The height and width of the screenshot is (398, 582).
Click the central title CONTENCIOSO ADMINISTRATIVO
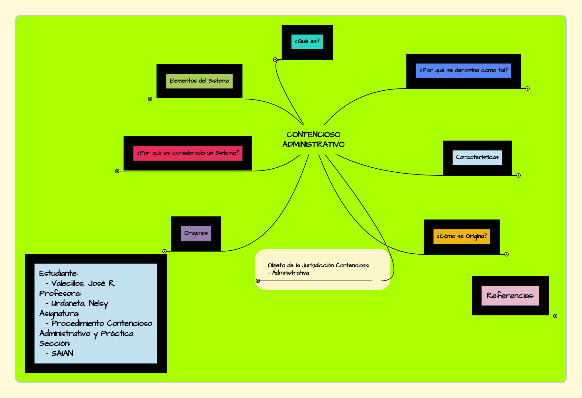click(313, 139)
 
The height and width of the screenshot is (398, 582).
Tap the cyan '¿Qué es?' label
click(307, 41)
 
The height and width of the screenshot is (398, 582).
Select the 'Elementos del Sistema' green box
click(199, 81)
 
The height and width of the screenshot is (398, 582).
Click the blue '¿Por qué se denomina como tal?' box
click(463, 71)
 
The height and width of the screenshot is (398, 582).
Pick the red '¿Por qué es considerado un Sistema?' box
click(188, 153)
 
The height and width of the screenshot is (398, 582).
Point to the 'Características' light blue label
click(477, 158)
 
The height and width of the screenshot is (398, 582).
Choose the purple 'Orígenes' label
click(196, 233)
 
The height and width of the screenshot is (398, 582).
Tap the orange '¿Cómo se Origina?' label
click(462, 236)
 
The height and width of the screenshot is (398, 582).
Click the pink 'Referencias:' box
click(510, 296)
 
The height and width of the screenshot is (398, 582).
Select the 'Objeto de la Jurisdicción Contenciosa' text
click(318, 265)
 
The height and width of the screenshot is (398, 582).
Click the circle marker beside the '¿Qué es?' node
click(275, 59)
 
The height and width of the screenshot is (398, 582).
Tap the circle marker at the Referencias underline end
click(555, 316)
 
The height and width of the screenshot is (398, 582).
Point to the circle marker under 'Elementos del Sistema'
click(150, 99)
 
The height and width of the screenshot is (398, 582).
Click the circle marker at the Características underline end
click(519, 175)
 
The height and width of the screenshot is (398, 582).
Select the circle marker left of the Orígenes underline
click(165, 251)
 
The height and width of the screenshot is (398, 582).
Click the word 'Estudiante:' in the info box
click(59, 273)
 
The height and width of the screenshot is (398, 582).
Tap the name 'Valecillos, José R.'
click(83, 283)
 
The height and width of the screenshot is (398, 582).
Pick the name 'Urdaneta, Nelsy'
click(79, 303)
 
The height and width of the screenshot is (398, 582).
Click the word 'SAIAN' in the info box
click(62, 353)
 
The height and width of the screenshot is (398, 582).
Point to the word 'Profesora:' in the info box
click(60, 293)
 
